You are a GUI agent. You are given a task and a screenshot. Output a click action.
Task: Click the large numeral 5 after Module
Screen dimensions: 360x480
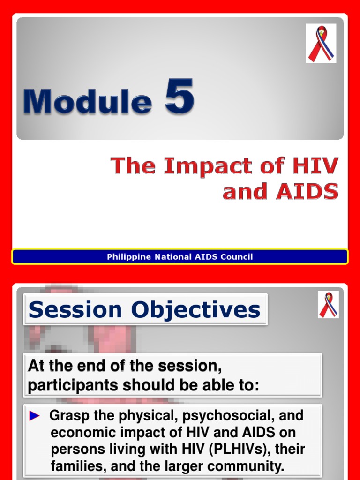180,96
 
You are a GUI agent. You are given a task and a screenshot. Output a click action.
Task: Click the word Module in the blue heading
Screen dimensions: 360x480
88,102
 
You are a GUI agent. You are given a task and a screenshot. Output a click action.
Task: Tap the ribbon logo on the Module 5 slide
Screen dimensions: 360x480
321,44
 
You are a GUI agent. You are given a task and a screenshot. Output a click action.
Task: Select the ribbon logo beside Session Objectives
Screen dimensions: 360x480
328,305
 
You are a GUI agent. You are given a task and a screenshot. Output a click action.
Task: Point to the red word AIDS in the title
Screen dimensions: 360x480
307,191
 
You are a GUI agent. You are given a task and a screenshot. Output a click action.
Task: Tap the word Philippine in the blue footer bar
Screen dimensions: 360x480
129,257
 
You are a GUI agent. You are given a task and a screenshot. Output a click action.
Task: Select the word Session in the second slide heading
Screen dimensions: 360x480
75,309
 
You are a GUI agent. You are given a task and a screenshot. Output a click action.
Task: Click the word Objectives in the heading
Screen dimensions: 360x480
195,310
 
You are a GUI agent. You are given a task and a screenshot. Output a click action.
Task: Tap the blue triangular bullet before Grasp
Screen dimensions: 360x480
34,416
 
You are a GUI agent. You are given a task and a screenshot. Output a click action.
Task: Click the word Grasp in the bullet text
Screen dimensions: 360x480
69,416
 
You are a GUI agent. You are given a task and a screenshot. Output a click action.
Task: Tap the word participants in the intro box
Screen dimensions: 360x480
73,386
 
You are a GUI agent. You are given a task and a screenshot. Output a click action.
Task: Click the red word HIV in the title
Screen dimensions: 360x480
315,165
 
